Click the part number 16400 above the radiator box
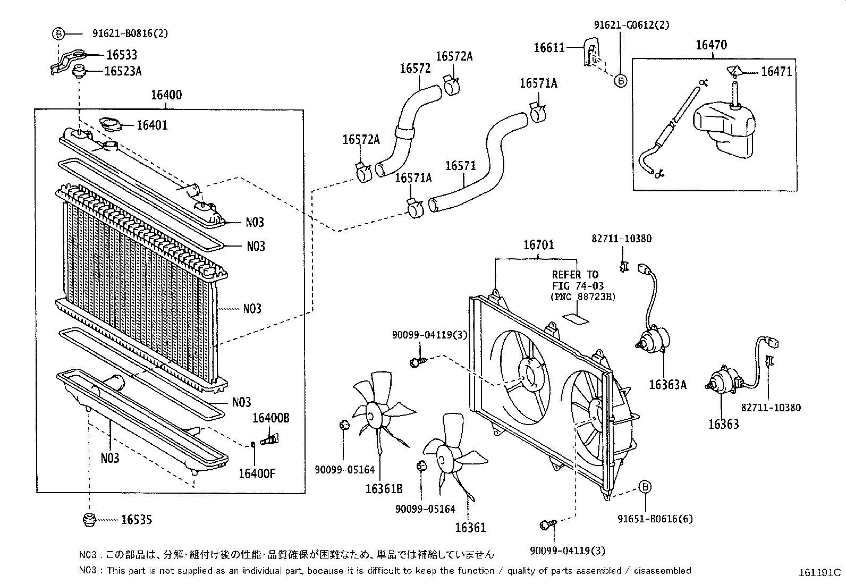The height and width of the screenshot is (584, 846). point(166,96)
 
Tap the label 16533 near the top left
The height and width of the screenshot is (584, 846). point(121,55)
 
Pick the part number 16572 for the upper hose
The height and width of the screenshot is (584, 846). point(415,69)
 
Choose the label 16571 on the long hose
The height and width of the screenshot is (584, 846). point(460,166)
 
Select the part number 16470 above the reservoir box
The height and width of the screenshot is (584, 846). point(712,45)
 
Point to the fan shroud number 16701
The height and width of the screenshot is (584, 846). point(538,245)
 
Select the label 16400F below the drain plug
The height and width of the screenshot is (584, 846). point(257,473)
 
